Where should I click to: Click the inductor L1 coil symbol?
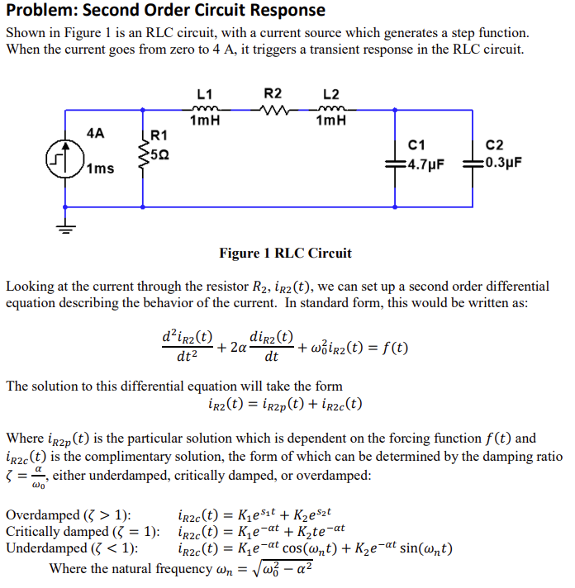point(204,108)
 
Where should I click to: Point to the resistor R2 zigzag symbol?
point(273,108)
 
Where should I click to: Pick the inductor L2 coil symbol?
point(330,108)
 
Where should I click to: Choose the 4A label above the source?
point(96,132)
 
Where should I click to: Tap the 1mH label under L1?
point(204,121)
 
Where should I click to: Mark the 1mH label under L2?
point(330,121)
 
